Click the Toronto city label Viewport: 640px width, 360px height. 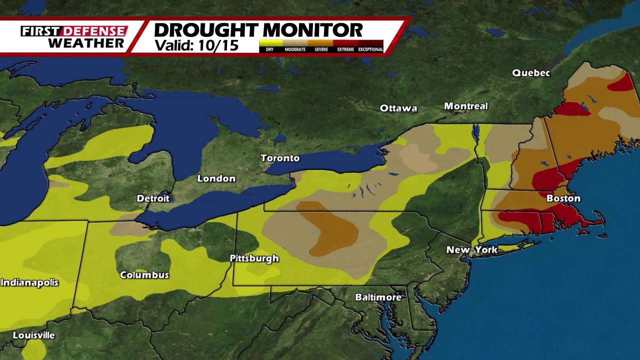coord(280,158)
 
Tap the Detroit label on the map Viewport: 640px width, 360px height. coord(153,198)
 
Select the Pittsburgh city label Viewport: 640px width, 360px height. coord(254,258)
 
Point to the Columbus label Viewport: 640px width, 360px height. coord(144,275)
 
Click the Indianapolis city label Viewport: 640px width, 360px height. coord(29,282)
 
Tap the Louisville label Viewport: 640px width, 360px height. coord(33,335)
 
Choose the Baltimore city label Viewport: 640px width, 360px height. coord(378,297)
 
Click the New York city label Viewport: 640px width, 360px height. coord(472,249)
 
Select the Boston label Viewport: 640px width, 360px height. coord(563,198)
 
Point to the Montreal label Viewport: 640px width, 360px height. coord(465,106)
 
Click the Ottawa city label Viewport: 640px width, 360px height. coord(398,108)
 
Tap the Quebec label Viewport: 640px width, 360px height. coord(530,73)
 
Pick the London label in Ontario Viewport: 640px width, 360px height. coord(216,178)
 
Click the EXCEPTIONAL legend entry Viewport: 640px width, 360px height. coord(370,49)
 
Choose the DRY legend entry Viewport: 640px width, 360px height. coord(270,49)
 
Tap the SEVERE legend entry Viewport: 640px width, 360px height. coord(320,49)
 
